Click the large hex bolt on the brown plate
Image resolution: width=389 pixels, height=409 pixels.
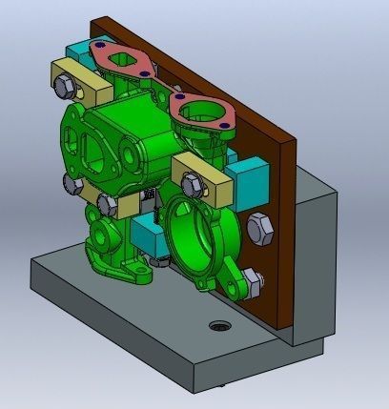pos(259,229)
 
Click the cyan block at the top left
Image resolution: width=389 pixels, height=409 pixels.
pos(75,53)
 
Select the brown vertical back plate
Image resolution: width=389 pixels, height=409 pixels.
pos(272,191)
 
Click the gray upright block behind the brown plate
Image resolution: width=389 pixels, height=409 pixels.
pos(315,257)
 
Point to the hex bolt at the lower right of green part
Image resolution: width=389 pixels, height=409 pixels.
pos(250,278)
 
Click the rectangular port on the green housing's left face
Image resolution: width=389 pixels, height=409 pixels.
pos(95,152)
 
